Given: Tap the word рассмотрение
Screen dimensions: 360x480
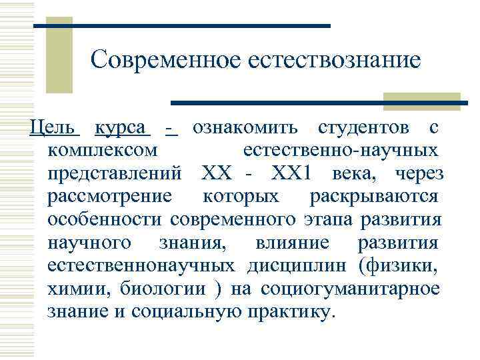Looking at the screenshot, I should [x=110, y=196].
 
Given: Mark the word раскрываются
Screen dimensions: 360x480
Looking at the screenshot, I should [x=374, y=196].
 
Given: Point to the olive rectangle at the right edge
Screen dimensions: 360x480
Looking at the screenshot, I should [x=423, y=100].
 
